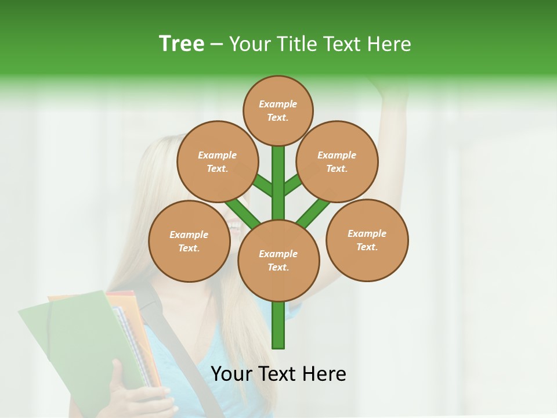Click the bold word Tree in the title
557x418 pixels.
182,44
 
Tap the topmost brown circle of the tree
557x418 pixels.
278,110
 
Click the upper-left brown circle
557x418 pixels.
218,161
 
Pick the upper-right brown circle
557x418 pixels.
337,161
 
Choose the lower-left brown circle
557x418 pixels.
189,241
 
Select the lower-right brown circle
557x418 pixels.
367,240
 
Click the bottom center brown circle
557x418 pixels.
278,261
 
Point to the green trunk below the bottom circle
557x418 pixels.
278,325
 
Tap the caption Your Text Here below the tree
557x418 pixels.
278,374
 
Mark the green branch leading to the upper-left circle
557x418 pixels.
262,186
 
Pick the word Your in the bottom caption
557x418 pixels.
232,374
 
